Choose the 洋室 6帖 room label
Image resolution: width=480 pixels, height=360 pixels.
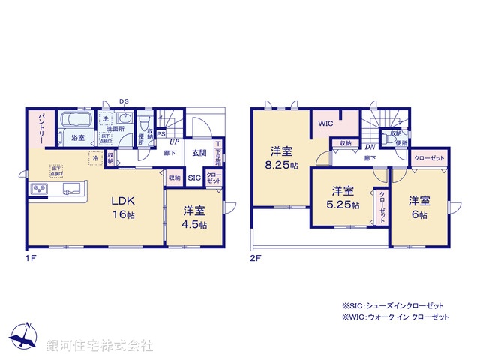tap(418, 208)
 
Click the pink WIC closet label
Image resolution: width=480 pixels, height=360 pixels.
tap(325, 124)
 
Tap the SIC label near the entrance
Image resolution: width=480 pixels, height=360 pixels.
tap(193, 178)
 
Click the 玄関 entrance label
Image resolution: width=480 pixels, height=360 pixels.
tap(198, 154)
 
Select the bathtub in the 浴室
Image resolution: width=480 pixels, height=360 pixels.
tap(76, 120)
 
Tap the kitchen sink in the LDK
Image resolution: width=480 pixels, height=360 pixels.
tap(73, 188)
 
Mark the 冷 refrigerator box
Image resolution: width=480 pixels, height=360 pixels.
tap(95, 158)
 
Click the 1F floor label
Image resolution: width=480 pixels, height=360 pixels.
tap(31, 257)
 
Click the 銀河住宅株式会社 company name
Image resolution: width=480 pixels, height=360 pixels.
tap(100, 345)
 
